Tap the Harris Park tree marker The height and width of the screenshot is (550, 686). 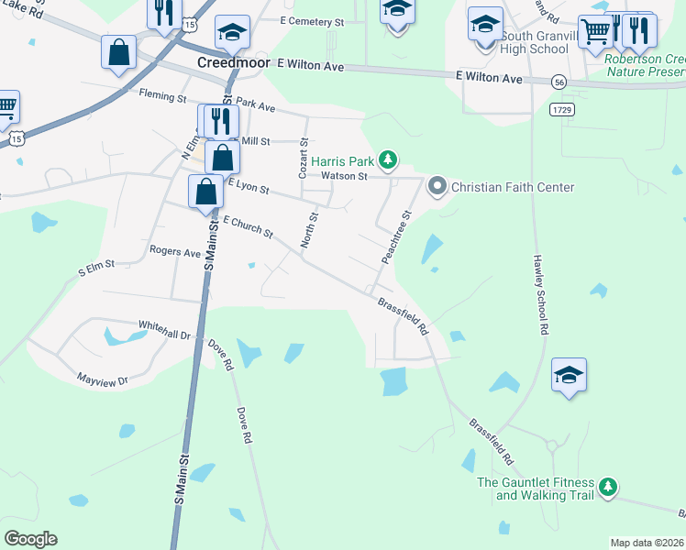(x=389, y=161)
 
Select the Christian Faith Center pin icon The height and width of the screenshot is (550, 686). (x=437, y=187)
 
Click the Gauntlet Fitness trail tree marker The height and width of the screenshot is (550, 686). (x=607, y=487)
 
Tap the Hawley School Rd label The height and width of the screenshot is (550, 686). (x=540, y=293)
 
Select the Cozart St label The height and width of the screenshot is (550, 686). (x=303, y=164)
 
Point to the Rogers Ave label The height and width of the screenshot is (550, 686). (x=174, y=252)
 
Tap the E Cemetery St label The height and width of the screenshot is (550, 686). (x=312, y=20)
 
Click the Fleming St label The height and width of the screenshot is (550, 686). (x=162, y=94)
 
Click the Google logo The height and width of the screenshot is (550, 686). (x=30, y=539)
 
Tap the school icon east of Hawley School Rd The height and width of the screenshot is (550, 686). (x=569, y=375)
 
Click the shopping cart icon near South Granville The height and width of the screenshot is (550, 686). (x=595, y=33)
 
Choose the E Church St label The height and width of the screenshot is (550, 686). (x=248, y=227)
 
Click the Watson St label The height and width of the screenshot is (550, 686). (x=343, y=176)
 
